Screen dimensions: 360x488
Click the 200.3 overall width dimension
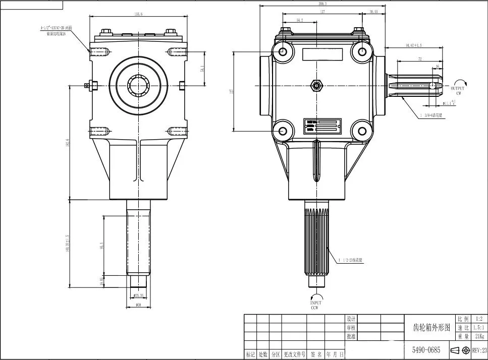[x=323, y=3]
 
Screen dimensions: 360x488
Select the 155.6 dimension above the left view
[x=138, y=14]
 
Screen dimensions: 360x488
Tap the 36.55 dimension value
[x=373, y=11]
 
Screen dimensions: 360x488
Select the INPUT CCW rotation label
[x=315, y=305]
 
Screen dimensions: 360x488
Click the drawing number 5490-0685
[x=426, y=349]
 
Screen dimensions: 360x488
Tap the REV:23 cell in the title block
[x=479, y=349]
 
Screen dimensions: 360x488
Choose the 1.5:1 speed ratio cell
[x=478, y=327]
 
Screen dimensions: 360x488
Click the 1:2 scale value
[x=478, y=319]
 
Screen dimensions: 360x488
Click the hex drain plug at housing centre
[x=316, y=85]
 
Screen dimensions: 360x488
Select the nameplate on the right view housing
[x=322, y=126]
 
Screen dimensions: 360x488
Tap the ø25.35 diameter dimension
[x=138, y=295]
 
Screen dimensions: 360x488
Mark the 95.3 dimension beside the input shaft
[x=101, y=246]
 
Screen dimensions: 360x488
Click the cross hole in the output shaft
[x=432, y=86]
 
